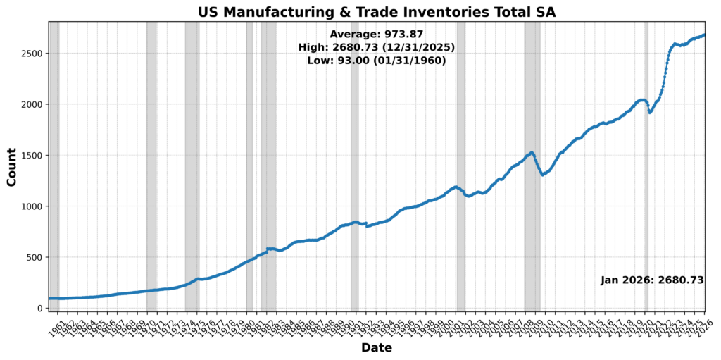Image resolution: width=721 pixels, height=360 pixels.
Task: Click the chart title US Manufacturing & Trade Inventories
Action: tap(376, 12)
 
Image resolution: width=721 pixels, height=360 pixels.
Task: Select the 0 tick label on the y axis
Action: tap(40, 308)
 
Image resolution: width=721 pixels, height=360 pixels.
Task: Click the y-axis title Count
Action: tap(11, 168)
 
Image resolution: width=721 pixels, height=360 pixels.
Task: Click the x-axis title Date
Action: tap(376, 347)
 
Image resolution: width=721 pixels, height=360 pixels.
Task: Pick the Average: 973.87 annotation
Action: tap(376, 34)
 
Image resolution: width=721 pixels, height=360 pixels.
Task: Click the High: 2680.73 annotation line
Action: tap(376, 47)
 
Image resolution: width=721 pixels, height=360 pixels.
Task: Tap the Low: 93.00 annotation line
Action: tap(376, 61)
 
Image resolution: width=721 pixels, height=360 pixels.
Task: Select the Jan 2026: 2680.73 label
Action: tap(652, 280)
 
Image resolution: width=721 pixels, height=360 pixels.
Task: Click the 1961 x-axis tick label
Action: tap(55, 323)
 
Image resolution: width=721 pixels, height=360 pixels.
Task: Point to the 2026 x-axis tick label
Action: tap(705, 323)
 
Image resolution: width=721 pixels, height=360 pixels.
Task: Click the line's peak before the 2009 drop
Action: tap(532, 152)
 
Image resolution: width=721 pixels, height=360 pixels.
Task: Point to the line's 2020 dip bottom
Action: tap(650, 112)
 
